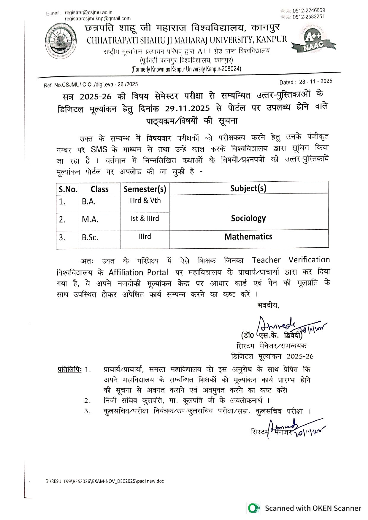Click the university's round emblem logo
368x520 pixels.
point(61,42)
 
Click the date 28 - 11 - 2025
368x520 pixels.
point(315,81)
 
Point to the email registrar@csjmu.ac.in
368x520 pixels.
point(88,12)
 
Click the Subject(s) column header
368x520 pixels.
point(248,188)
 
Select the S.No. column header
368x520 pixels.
point(68,189)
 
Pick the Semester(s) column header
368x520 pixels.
point(145,189)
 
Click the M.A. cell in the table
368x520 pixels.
point(90,220)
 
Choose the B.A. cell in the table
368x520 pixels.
point(89,201)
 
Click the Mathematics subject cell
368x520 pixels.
point(248,236)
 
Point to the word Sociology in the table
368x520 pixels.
point(248,218)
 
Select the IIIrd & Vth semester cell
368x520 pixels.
point(145,201)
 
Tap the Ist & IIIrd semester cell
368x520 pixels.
point(145,219)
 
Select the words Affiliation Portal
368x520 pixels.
point(138,272)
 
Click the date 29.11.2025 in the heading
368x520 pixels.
point(187,108)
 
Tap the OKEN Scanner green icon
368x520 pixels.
point(253,508)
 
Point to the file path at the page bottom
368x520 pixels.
point(104,481)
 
